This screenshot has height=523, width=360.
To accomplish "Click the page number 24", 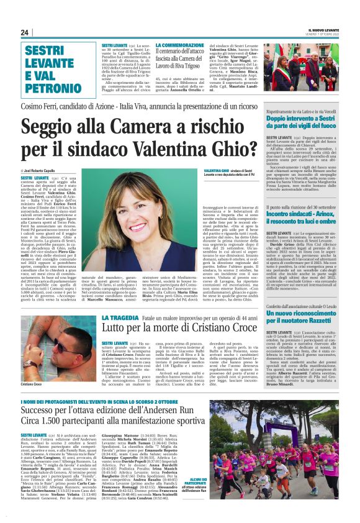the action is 24,32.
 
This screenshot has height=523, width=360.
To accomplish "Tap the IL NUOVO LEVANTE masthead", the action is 322,30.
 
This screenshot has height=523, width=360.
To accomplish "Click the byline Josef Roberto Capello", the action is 48,169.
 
